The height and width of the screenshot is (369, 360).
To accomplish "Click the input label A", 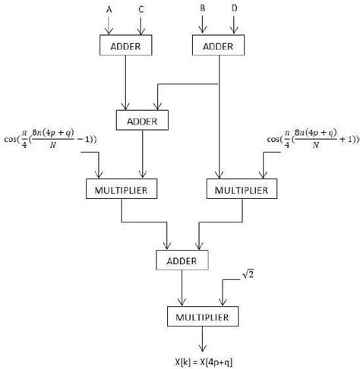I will click(108, 10).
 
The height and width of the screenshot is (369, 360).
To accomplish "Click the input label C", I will click(142, 10).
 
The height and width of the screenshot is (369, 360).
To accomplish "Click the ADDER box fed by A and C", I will click(125, 46).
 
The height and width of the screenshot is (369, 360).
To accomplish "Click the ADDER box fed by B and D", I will click(219, 46).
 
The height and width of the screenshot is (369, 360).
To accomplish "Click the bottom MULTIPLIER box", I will click(198, 314).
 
